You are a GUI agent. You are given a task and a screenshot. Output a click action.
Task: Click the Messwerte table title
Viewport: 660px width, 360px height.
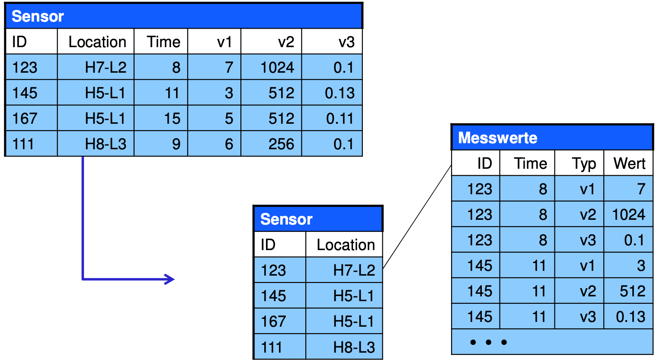[498, 138]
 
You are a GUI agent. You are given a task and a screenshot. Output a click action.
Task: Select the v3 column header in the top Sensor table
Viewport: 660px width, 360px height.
[346, 42]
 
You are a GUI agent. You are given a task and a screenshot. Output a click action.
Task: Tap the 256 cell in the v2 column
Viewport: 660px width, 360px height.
[281, 144]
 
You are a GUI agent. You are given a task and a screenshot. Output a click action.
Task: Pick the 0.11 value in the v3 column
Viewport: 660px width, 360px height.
[340, 119]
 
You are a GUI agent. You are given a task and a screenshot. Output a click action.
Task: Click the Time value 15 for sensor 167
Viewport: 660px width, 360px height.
[172, 119]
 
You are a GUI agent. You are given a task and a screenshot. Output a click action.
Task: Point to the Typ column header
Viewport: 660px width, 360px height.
[584, 164]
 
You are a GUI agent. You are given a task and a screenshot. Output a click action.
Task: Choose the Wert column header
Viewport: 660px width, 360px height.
[629, 164]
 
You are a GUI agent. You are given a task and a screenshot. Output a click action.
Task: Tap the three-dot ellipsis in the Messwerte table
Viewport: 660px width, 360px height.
[489, 342]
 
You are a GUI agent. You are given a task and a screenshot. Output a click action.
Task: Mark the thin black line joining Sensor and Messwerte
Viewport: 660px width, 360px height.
[417, 217]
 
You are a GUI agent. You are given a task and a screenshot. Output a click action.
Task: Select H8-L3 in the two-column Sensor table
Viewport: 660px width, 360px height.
[354, 347]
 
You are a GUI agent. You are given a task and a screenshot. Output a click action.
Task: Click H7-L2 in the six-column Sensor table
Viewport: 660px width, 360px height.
[106, 67]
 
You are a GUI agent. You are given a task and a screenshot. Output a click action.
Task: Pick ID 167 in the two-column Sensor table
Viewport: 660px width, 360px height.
[273, 321]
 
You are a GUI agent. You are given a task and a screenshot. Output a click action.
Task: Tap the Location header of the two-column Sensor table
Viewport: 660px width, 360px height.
[346, 245]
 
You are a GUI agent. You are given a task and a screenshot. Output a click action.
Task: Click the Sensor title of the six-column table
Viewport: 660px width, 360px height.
[38, 16]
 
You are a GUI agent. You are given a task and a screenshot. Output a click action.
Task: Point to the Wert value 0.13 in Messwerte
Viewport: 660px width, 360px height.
[631, 317]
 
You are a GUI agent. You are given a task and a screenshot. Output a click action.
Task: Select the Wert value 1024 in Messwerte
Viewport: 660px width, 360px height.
[629, 214]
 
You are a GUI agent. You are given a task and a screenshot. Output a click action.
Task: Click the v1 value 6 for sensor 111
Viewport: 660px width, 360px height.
[229, 144]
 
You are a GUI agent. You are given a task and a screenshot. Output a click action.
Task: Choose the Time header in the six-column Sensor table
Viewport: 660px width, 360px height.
[163, 42]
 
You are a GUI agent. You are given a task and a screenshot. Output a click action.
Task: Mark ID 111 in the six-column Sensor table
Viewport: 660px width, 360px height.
[23, 144]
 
